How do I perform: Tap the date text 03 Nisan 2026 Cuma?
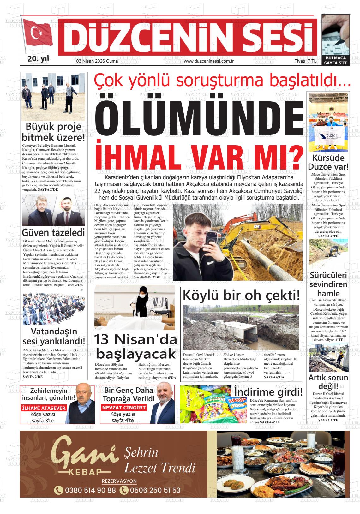97,61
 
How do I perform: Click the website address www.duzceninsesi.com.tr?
208,61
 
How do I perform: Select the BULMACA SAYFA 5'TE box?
336,60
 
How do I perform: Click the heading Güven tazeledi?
53,233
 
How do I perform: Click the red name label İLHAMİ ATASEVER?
44,408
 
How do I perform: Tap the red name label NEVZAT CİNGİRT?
124,408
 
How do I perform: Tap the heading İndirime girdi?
268,392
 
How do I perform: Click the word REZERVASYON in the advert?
119,481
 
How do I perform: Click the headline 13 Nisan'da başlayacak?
135,346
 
